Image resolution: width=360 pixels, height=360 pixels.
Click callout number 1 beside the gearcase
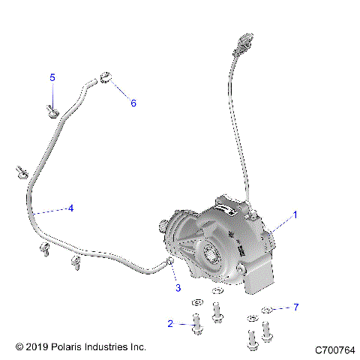[x=295, y=214]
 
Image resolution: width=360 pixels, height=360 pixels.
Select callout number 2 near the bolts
[x=170, y=323]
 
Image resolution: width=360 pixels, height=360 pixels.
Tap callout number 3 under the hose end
[x=178, y=288]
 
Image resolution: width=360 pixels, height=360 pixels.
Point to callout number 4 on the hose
[x=70, y=208]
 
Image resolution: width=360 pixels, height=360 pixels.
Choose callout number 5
[x=52, y=77]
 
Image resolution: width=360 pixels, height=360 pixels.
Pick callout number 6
[x=133, y=103]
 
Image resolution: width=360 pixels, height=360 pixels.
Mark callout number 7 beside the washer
[x=295, y=307]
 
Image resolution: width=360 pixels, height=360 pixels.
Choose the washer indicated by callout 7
[x=267, y=310]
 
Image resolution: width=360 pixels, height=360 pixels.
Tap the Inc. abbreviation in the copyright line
[x=138, y=347]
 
